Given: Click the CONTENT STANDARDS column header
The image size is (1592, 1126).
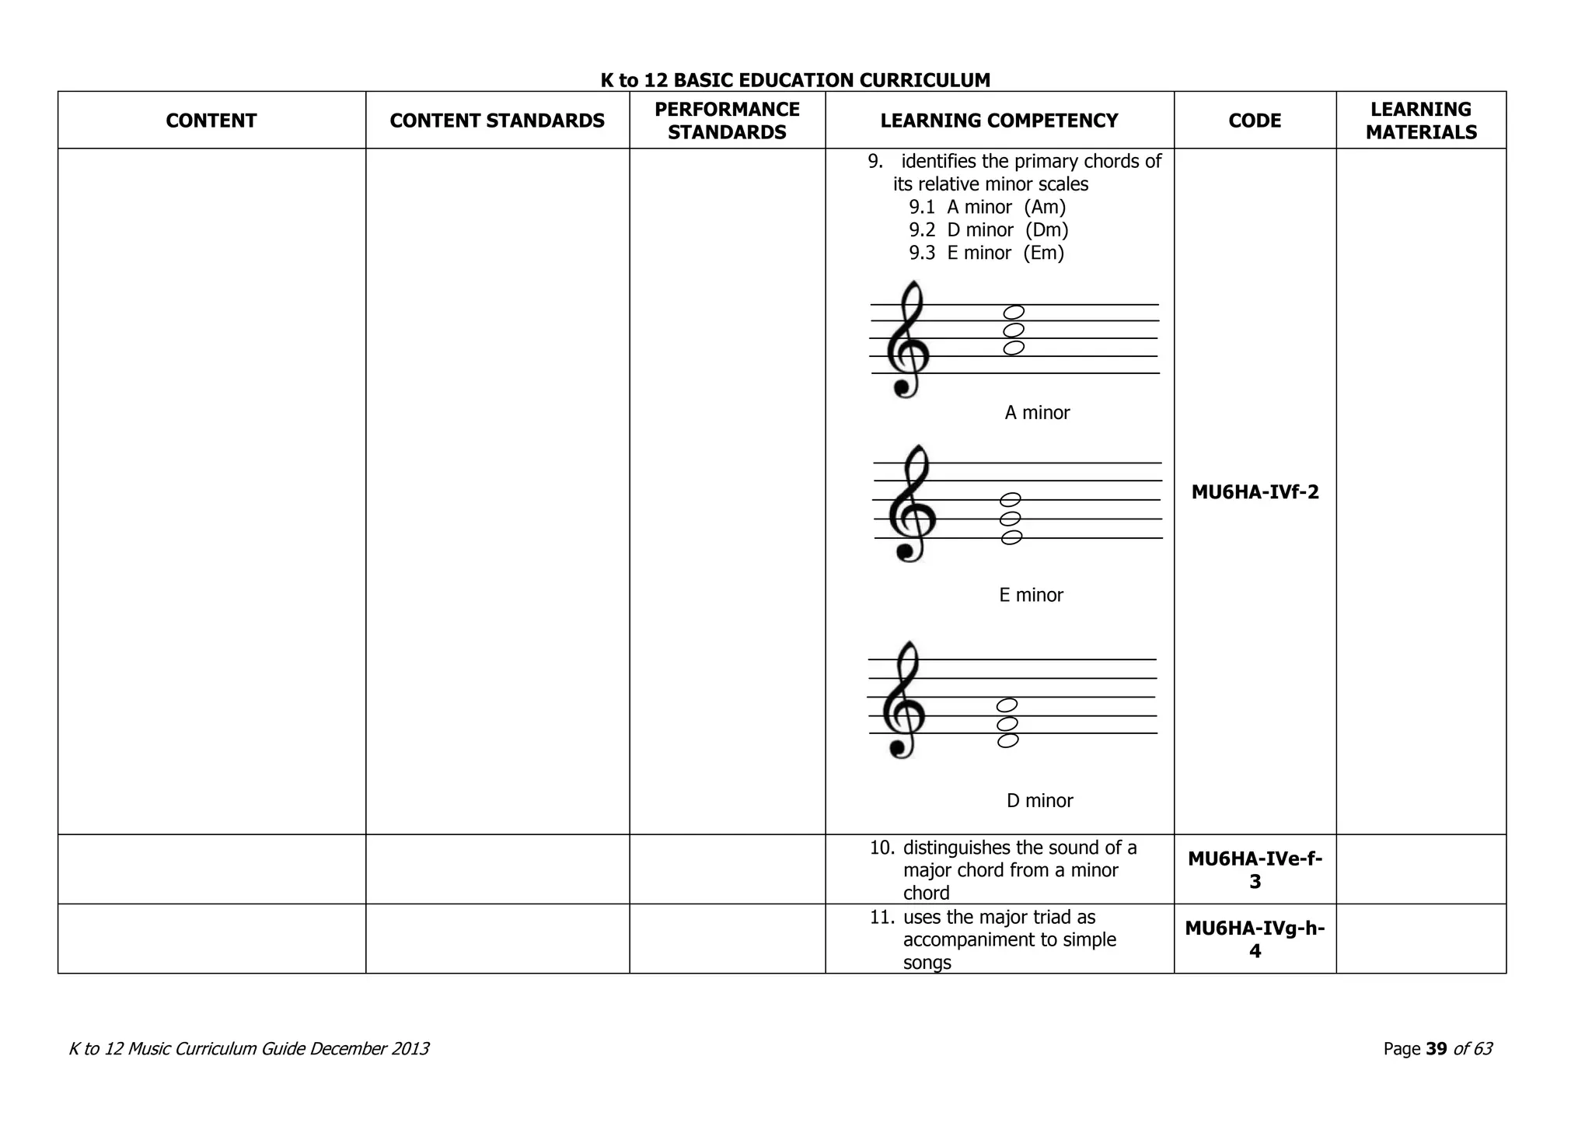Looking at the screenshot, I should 497,121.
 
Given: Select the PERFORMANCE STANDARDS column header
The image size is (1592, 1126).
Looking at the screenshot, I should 727,121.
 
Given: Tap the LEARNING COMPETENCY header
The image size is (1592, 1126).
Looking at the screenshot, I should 999,121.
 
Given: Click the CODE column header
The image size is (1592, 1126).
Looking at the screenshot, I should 1255,121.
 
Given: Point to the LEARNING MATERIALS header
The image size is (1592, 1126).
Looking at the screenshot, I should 1421,121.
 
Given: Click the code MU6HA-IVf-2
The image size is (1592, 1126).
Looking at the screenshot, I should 1255,492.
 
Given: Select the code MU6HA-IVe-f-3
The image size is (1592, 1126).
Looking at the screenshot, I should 1255,869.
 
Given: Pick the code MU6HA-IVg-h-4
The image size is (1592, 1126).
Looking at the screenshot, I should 1255,939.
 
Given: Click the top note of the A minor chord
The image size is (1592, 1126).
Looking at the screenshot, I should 1014,313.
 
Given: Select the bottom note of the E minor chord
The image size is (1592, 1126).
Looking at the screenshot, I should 1011,537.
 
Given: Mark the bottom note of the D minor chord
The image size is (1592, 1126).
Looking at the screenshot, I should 1007,740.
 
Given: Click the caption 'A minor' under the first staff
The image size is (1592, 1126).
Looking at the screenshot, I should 1037,413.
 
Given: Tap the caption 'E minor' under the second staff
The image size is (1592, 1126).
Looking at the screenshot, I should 1031,596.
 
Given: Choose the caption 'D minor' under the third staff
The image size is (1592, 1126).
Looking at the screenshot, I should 1039,801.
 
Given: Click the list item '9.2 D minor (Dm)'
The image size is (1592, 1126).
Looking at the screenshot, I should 988,230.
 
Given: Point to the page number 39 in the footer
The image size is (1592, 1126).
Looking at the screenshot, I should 1437,1049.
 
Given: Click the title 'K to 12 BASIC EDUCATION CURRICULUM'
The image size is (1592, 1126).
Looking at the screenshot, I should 795,80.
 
